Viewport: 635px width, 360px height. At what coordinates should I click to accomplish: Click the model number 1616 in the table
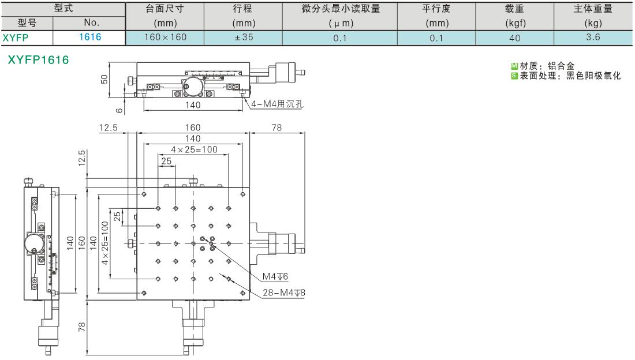pos(90,37)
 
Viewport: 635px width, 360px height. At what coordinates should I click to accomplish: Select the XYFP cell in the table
pos(16,37)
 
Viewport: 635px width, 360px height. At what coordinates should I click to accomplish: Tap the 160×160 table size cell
pos(165,37)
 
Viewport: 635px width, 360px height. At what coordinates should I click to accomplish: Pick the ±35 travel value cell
pos(244,37)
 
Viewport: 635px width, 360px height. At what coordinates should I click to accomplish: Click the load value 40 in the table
pos(515,38)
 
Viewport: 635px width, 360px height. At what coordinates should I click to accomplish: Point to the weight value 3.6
pos(593,37)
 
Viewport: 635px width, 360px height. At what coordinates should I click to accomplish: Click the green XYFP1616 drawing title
pos(39,60)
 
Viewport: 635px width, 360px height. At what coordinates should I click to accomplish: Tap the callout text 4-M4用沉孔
pos(277,104)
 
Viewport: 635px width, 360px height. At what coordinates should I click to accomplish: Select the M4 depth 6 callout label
pos(275,276)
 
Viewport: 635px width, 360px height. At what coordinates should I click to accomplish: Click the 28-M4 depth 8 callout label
pos(284,292)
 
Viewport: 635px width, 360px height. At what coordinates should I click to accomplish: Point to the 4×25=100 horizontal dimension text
pos(194,149)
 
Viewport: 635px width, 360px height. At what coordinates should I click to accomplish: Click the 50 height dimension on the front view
pos(104,79)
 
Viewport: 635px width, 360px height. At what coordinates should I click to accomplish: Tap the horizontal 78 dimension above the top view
pos(277,127)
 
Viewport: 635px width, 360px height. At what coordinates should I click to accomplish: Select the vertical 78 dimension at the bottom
pos(82,327)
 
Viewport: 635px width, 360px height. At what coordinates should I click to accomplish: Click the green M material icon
pos(514,66)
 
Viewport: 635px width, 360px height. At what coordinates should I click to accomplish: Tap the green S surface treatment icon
pos(514,76)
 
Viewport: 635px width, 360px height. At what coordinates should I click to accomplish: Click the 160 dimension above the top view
pos(193,127)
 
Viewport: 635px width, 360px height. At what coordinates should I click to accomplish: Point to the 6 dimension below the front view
pos(119,110)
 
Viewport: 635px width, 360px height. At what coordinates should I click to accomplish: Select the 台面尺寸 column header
pos(165,9)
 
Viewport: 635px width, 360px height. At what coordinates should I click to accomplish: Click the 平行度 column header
pos(436,9)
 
